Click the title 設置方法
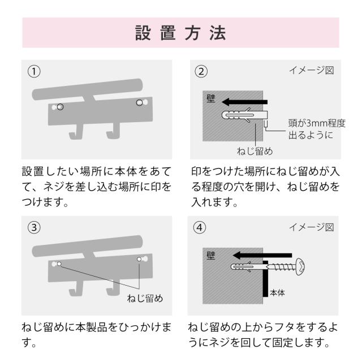pos(180,33)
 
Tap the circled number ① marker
pos(34,71)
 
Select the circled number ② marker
pos(201,71)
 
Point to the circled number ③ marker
pos(34,227)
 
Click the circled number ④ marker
pos(200,227)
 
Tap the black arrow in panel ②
pos(244,102)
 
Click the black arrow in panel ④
pos(262,255)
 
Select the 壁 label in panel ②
pos(211,98)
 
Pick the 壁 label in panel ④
pos(211,256)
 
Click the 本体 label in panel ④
pos(277,293)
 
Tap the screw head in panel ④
pos(300,267)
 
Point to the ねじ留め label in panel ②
pos(255,151)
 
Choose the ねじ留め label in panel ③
pos(145,298)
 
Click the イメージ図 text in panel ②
pos(312,70)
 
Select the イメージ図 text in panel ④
pos(312,227)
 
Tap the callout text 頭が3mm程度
pos(317,123)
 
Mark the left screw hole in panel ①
pos(60,107)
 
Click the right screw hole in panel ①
pos(140,102)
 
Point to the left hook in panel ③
pos(76,289)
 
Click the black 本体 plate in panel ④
pos(265,279)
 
